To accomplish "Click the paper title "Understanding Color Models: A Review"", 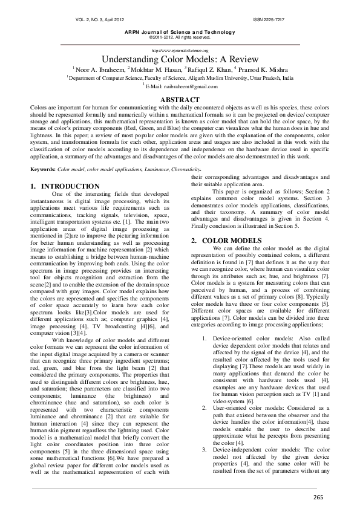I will (x=180, y=60).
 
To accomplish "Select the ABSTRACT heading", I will (x=180, y=99).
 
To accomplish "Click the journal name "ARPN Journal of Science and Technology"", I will (x=180, y=31).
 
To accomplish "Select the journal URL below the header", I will (x=180, y=51).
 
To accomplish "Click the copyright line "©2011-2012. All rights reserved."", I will (x=180, y=37).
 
